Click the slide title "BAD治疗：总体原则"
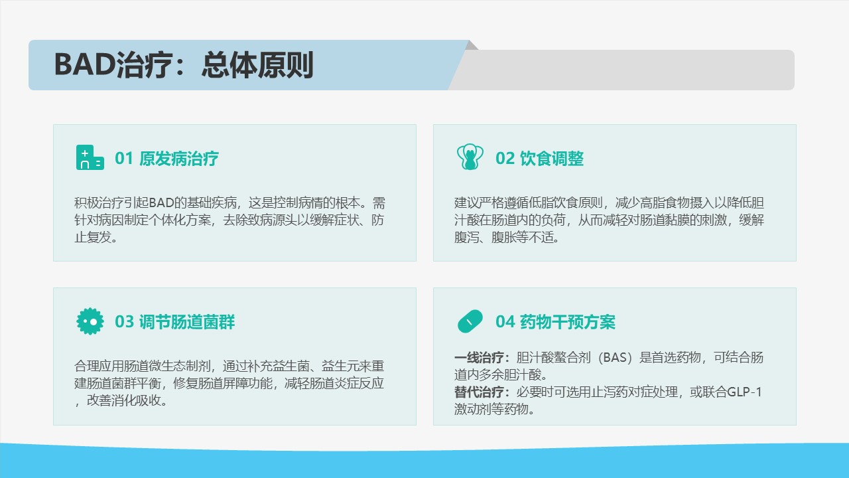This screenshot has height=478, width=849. [184, 65]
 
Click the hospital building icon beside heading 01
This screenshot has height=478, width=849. [90, 157]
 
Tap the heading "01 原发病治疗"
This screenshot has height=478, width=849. [166, 159]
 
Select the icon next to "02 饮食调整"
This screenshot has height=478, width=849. [470, 157]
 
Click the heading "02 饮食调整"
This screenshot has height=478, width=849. [540, 159]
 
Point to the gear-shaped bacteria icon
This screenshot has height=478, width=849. [90, 321]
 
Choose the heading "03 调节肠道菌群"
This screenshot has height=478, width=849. [174, 322]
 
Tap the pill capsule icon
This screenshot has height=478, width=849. [470, 321]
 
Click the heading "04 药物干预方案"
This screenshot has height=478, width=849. [555, 322]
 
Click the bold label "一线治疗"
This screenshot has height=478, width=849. [479, 357]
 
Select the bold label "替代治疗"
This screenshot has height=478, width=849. [479, 392]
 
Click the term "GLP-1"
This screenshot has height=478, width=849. [744, 392]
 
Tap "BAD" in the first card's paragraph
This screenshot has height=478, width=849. [161, 203]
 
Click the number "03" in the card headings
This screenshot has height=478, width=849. [124, 322]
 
